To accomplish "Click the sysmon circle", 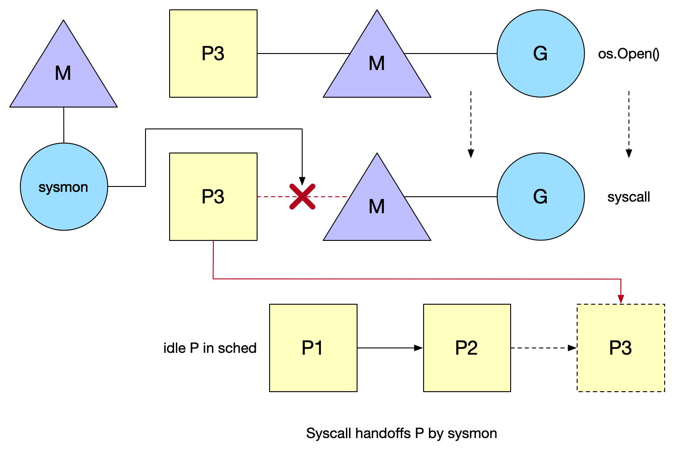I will [64, 187].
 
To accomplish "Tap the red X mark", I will [303, 197].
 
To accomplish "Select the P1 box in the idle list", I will [313, 348].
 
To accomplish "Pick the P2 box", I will [467, 348].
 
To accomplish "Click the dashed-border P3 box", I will [621, 348].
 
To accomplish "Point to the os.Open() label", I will [628, 54].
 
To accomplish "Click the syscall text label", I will [628, 197].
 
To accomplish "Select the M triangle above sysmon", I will [63, 74].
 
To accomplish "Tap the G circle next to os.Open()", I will [541, 54].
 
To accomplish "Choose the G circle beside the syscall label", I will [541, 197].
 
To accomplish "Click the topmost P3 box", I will [213, 54].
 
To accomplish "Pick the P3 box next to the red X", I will [213, 197].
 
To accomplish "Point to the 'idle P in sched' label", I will [210, 348].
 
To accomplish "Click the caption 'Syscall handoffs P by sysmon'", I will [401, 434].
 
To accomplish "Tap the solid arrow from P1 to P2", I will [390, 348].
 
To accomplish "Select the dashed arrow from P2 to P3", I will [544, 348].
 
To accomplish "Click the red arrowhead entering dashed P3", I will [621, 299].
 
